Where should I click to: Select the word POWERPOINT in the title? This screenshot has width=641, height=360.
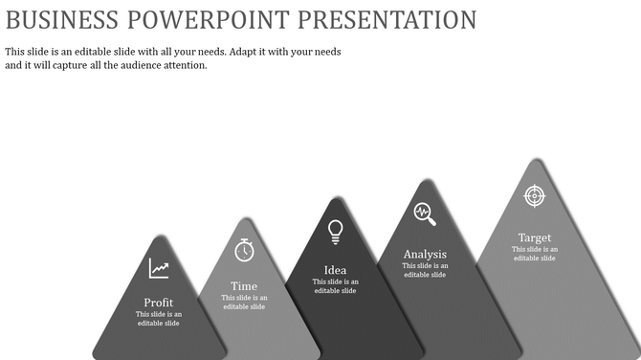point(223,19)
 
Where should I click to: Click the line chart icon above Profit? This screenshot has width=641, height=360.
point(159,269)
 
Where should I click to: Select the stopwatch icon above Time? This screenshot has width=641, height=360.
point(245,250)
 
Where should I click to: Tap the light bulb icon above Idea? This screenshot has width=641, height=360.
point(335,231)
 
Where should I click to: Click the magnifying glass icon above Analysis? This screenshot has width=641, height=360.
point(425,214)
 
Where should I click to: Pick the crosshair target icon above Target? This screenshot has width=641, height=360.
point(534,195)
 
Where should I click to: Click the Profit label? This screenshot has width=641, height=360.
point(159,303)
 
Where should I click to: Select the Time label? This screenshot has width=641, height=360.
point(244,286)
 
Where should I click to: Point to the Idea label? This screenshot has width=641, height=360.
point(336,269)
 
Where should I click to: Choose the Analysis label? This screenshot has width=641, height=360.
point(425,254)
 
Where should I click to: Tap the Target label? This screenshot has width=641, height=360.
point(534,237)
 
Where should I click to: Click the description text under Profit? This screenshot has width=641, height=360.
point(159,319)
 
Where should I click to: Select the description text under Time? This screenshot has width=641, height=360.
point(244,302)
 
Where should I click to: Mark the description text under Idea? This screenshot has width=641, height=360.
point(336,285)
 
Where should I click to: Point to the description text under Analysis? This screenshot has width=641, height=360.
point(425,270)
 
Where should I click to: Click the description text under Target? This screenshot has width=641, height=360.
point(534,254)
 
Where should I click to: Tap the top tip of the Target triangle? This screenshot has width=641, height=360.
point(534,160)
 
